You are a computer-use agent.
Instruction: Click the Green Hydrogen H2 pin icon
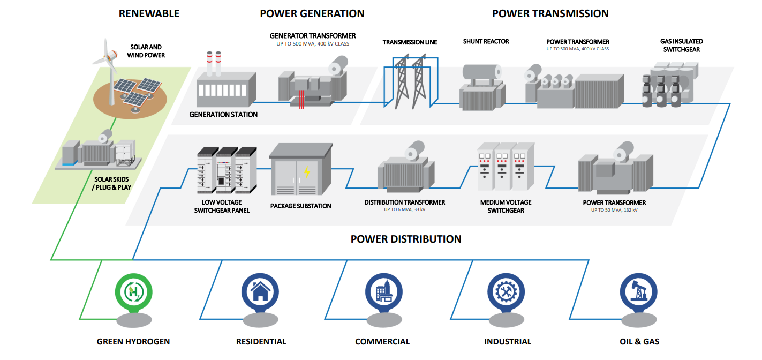click(131, 292)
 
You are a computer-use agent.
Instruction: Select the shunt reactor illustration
click(481, 87)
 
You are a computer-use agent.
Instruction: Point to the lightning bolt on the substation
click(307, 172)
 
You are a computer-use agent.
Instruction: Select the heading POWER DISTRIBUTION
click(406, 239)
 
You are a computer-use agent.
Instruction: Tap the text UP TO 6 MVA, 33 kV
click(404, 209)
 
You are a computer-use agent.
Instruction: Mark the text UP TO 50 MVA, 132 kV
click(614, 210)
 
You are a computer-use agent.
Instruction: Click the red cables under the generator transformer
click(302, 99)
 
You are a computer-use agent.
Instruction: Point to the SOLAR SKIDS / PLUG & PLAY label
click(112, 183)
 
